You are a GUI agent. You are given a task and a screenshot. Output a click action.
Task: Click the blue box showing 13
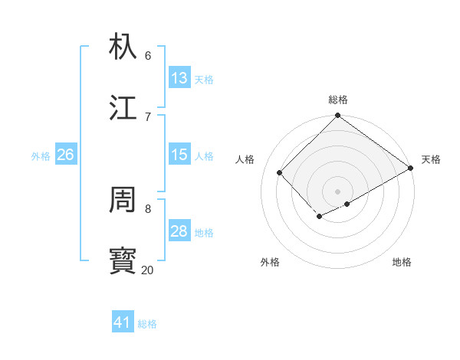[179, 78]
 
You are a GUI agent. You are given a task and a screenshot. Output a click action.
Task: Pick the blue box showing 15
[179, 155]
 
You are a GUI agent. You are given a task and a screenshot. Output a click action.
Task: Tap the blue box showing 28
[179, 231]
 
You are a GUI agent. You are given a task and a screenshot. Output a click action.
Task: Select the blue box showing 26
[65, 155]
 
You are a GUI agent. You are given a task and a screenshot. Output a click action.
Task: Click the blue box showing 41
[123, 322]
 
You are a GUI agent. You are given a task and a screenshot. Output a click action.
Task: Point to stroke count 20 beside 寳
[147, 270]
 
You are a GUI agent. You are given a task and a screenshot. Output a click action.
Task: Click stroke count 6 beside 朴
[148, 55]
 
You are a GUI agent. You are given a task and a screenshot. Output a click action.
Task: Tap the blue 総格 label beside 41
[147, 324]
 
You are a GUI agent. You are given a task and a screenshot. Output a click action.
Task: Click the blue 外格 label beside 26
[41, 156]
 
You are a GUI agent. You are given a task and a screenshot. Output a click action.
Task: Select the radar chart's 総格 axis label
[338, 100]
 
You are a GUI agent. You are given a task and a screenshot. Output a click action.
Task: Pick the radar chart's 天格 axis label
[431, 159]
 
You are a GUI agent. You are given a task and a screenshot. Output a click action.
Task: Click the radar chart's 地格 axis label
[402, 262]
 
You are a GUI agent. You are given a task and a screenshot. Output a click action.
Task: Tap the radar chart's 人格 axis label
[245, 159]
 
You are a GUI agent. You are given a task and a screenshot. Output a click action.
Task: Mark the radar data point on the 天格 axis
[411, 168]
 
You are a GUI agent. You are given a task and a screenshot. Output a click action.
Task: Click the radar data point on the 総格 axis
[337, 116]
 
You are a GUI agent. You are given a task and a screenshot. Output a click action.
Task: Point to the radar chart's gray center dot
[337, 191]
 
